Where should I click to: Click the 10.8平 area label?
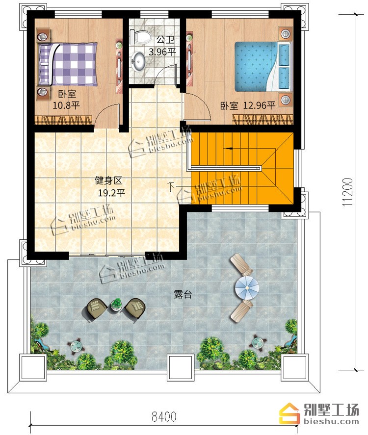tap(66, 105)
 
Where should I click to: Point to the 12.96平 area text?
tap(260, 105)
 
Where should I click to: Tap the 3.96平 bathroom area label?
tap(162, 52)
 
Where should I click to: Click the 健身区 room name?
tap(108, 180)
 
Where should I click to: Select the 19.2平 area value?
tap(111, 193)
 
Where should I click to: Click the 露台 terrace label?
tap(183, 294)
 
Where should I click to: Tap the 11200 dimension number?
tap(347, 192)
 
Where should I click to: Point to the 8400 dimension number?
tap(164, 416)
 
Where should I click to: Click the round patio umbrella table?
tap(247, 287)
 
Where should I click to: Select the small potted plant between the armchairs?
tap(117, 304)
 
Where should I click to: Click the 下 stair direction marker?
tap(172, 187)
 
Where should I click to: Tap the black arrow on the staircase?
tap(229, 149)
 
